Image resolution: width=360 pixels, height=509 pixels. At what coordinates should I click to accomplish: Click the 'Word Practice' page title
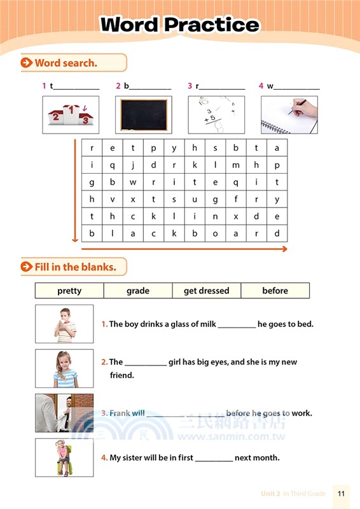point(180,25)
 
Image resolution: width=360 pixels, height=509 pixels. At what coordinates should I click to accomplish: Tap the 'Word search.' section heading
point(66,62)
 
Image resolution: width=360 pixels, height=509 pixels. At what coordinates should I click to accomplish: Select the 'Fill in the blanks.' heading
point(75,267)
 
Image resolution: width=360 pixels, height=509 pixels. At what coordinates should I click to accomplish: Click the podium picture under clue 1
point(71,115)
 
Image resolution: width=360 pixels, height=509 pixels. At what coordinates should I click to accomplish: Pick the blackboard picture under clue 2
point(144,115)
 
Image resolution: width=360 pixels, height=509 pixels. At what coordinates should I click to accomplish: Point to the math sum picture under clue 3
point(217,115)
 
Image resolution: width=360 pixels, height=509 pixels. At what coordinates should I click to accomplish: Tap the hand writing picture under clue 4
point(289,115)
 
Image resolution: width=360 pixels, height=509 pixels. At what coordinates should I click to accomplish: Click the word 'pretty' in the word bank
point(69,291)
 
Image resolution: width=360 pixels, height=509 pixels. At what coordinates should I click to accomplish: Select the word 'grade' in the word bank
point(138,291)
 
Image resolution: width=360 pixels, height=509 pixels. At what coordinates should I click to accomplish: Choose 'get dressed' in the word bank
point(206,291)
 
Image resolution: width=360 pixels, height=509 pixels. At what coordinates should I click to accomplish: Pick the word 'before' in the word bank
point(275,291)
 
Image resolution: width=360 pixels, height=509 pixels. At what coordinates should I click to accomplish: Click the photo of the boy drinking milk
point(64,324)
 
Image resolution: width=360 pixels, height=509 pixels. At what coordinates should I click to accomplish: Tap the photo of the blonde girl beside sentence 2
point(64,368)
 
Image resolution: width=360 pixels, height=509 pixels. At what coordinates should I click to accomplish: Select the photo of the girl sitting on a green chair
point(64,457)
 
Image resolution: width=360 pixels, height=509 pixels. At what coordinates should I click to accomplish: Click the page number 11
point(342,494)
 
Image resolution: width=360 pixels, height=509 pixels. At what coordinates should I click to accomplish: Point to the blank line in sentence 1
point(237,327)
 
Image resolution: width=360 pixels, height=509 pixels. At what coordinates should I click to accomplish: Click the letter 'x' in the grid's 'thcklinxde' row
point(235,216)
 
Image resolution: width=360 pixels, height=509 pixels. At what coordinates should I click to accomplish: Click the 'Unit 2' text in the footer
point(270,494)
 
